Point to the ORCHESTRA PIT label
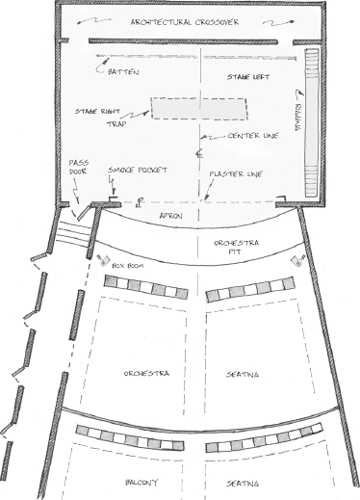(x=236, y=249)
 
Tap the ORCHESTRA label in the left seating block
(x=146, y=373)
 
